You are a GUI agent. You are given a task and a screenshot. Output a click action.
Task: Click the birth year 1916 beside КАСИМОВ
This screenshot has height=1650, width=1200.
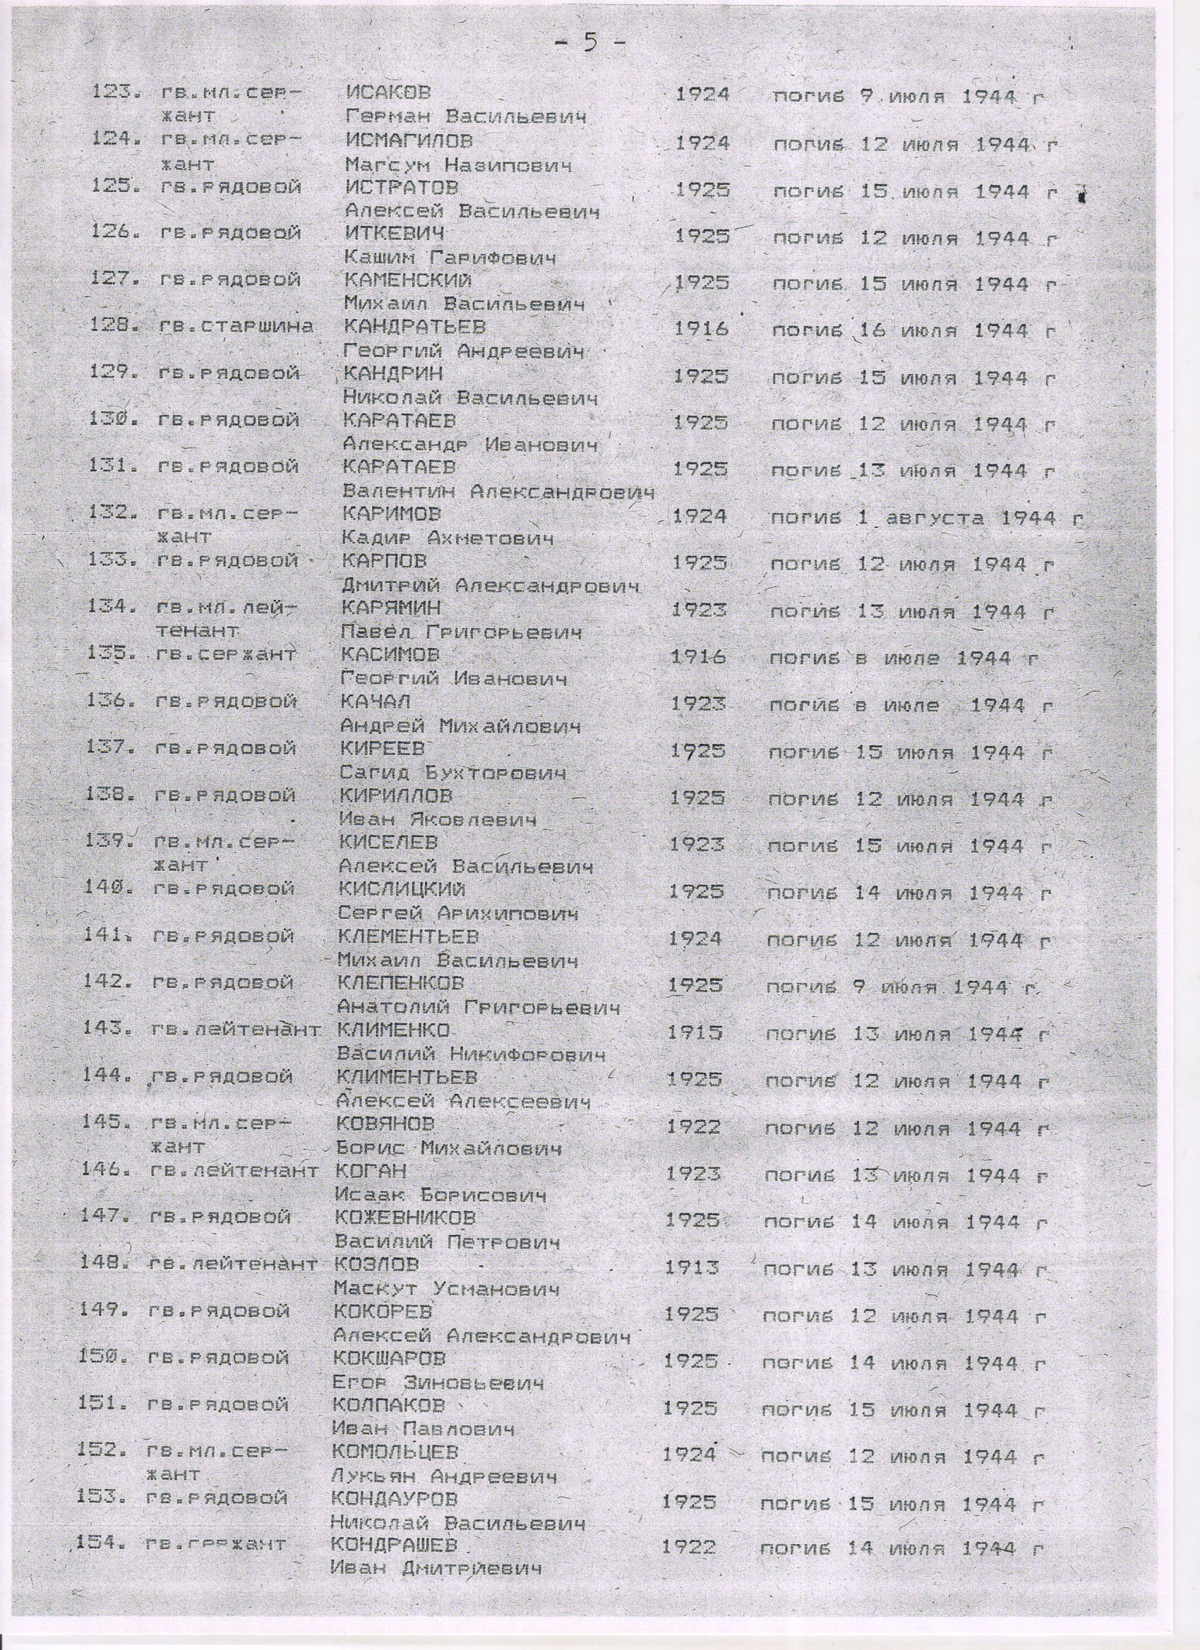tap(699, 658)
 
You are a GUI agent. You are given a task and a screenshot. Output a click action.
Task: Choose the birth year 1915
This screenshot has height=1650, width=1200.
tap(695, 1032)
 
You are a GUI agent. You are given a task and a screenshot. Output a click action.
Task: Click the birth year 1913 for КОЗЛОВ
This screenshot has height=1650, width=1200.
tap(692, 1267)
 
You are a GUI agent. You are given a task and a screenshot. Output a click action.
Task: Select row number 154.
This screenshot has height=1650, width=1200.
tap(100, 1478)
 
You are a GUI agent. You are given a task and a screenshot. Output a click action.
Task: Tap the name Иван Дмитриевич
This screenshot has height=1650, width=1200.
tap(437, 1502)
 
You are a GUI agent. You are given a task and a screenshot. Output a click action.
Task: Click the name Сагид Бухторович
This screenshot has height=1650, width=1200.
tap(453, 772)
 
